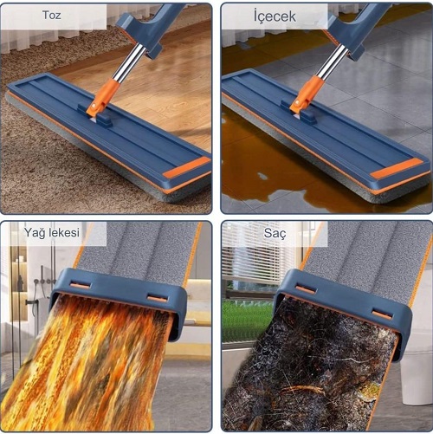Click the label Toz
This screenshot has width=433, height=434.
[52, 15]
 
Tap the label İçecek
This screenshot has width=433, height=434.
[275, 16]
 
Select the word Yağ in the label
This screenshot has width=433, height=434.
[34, 233]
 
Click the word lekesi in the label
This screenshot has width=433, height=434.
[63, 232]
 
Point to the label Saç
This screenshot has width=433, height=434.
[275, 233]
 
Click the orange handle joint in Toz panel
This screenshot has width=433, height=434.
[104, 95]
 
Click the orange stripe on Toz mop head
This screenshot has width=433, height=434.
[187, 167]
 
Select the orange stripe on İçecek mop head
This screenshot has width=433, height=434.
[397, 168]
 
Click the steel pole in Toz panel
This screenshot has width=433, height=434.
[129, 62]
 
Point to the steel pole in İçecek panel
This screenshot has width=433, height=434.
[333, 62]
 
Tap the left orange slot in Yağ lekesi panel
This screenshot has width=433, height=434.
[81, 285]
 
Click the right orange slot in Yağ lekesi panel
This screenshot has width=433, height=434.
[158, 298]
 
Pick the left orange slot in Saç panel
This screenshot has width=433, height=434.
[306, 289]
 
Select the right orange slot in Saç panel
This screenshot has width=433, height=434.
[382, 314]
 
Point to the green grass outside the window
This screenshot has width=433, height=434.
[248, 321]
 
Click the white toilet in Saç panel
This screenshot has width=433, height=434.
[416, 375]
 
